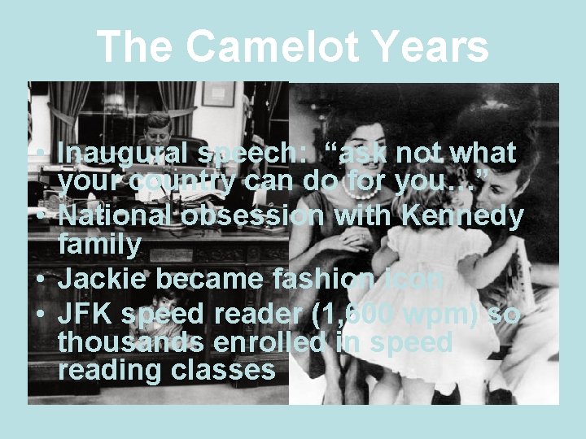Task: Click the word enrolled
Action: (x=282, y=342)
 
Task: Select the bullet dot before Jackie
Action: (x=39, y=280)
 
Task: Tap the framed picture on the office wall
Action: (x=218, y=93)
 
